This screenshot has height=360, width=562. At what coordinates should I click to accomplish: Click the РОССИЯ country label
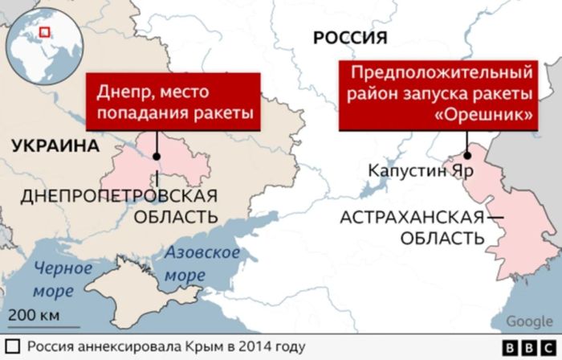[x=350, y=37]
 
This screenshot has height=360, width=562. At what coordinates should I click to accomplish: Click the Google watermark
[x=529, y=322]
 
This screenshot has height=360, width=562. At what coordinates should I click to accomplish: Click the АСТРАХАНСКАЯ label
[x=412, y=217]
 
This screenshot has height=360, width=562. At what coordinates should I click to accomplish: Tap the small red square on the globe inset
[x=45, y=32]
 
